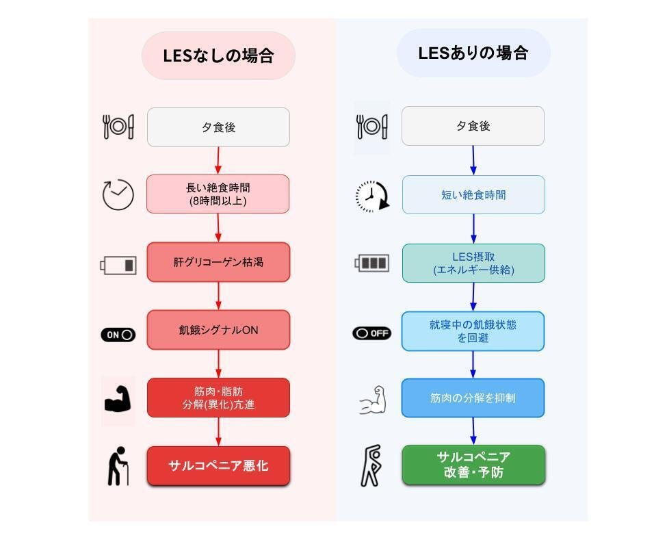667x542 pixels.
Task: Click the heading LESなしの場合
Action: (x=218, y=55)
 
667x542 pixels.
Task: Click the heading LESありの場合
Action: (x=473, y=53)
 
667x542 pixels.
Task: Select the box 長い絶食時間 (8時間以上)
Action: (x=218, y=194)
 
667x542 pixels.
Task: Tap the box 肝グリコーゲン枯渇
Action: (x=218, y=262)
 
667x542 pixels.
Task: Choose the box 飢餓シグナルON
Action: (x=218, y=330)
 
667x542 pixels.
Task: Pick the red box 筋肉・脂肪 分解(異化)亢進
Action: (x=218, y=398)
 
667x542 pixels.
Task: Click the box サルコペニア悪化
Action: (x=218, y=466)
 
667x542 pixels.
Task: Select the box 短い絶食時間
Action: (x=473, y=195)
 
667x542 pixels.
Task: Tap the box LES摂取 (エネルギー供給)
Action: (x=473, y=263)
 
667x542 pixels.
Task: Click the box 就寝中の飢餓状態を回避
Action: (x=473, y=331)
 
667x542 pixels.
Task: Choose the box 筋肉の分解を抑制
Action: (x=473, y=398)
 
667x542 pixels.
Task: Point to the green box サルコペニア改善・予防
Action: (x=473, y=465)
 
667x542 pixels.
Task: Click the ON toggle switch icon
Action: (x=118, y=335)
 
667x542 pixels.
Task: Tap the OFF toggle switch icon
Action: (x=372, y=333)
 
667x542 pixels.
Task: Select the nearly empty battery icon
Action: (x=118, y=265)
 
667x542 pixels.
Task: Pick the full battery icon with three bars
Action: (x=372, y=263)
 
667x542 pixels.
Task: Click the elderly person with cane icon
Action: (x=118, y=466)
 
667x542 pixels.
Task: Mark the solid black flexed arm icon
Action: (x=118, y=399)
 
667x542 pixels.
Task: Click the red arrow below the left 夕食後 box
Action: (x=218, y=161)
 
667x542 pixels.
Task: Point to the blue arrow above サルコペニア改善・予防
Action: (x=473, y=431)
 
